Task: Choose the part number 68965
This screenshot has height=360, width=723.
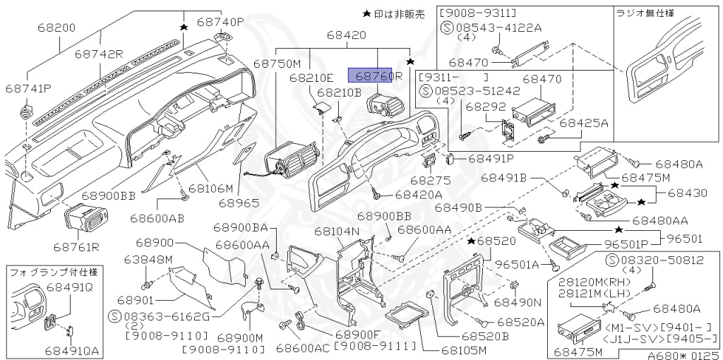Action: point(235,203)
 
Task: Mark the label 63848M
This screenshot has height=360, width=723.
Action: point(148,258)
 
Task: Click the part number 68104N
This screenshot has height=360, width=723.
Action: point(337,232)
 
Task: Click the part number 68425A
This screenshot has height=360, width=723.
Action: point(584,123)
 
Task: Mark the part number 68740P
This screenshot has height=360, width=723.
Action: point(220,22)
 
